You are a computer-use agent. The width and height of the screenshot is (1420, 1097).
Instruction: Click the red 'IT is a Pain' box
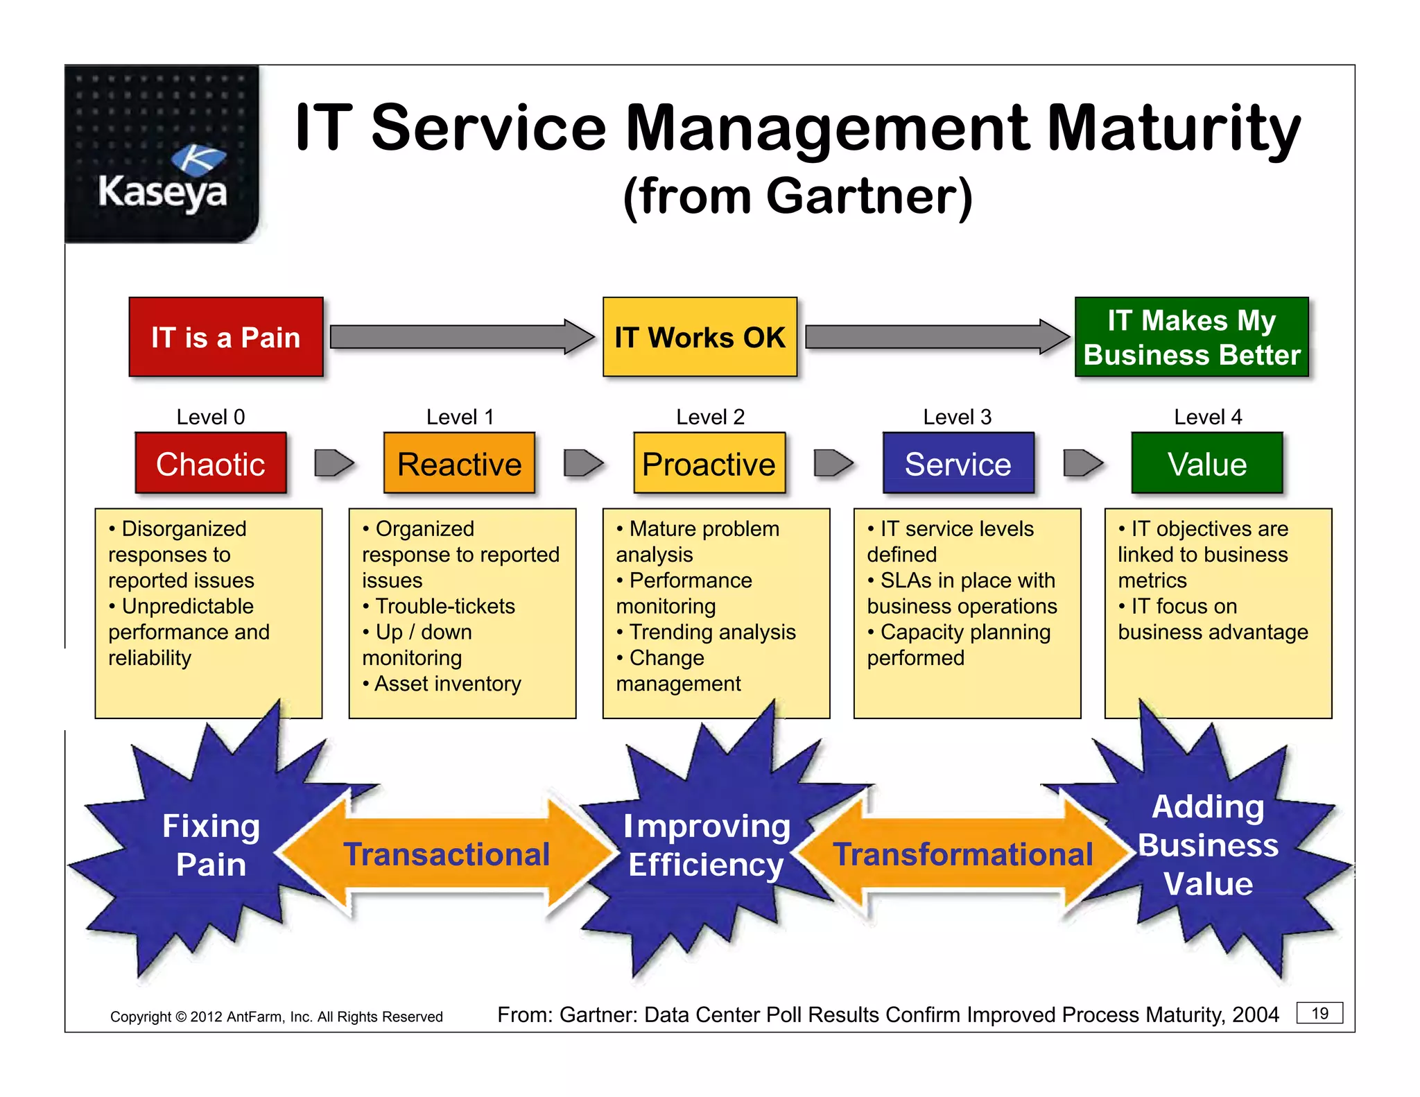[x=226, y=337]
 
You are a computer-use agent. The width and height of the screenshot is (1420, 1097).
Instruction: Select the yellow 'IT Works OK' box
[x=700, y=337]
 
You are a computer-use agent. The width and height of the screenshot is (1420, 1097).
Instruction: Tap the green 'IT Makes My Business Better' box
[x=1191, y=337]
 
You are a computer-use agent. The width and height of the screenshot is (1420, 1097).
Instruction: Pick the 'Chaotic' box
[x=211, y=463]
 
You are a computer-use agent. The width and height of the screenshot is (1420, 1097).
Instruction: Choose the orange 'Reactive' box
[x=459, y=463]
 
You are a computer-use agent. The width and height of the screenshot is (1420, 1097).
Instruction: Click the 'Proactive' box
[x=709, y=463]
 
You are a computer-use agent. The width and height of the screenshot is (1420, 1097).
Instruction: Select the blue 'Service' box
[x=958, y=463]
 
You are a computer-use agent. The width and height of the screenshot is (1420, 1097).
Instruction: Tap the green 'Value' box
[x=1206, y=463]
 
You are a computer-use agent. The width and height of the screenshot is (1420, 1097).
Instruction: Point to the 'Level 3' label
[x=957, y=417]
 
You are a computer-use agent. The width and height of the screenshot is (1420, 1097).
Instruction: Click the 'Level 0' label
[x=211, y=417]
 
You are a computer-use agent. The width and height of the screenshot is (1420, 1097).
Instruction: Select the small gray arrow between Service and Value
[x=1082, y=463]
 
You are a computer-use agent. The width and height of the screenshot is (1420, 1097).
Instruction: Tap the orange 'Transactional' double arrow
[x=447, y=854]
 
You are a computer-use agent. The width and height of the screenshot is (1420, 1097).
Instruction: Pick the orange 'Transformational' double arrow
[x=962, y=854]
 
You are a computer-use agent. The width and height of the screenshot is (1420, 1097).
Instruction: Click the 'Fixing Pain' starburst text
[x=211, y=845]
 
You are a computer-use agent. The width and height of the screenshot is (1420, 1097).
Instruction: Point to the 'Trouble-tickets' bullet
[x=444, y=606]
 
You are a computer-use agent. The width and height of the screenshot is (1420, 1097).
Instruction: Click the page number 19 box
[x=1319, y=1013]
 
